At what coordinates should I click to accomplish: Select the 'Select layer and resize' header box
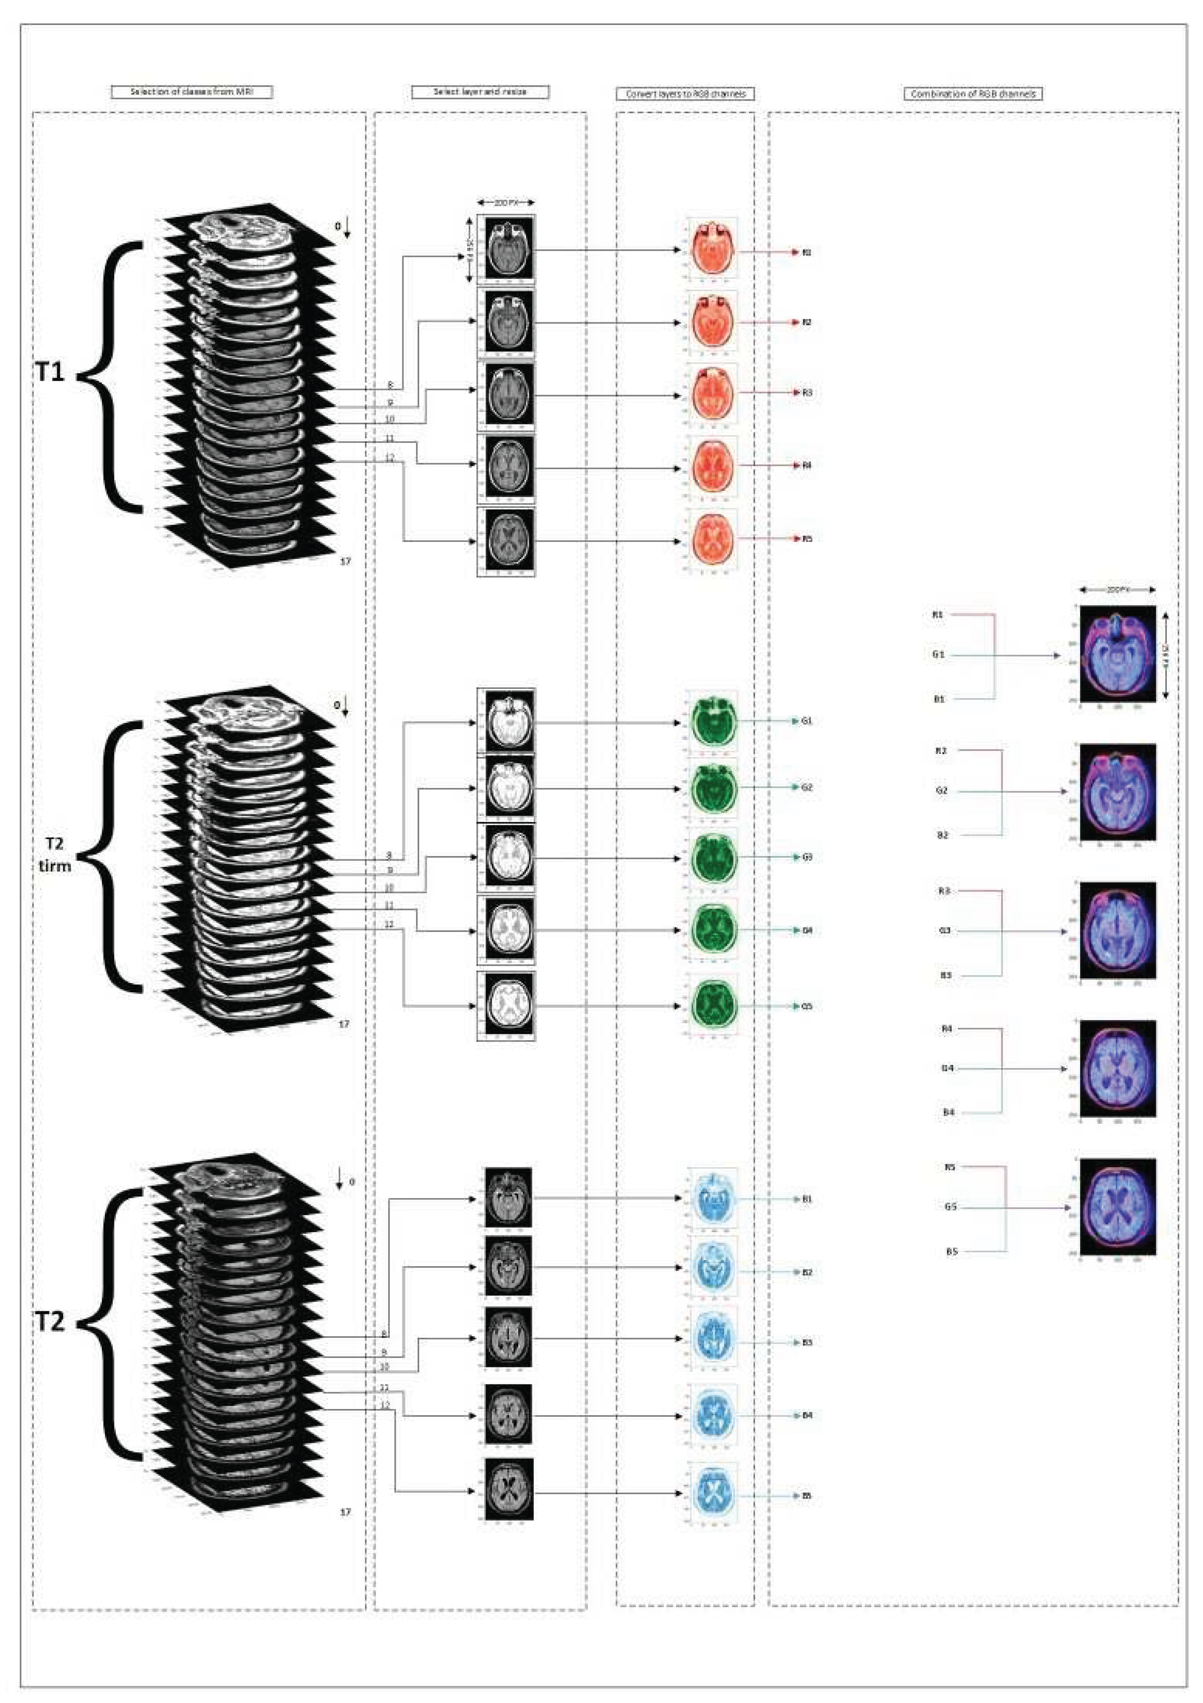[480, 92]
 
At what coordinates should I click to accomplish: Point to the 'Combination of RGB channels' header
[972, 94]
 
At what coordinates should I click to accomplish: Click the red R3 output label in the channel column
[807, 392]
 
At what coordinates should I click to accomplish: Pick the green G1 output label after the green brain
[807, 720]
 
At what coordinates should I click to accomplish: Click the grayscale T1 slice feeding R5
[506, 541]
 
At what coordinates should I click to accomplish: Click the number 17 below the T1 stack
[345, 561]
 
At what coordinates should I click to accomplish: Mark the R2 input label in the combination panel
[941, 750]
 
